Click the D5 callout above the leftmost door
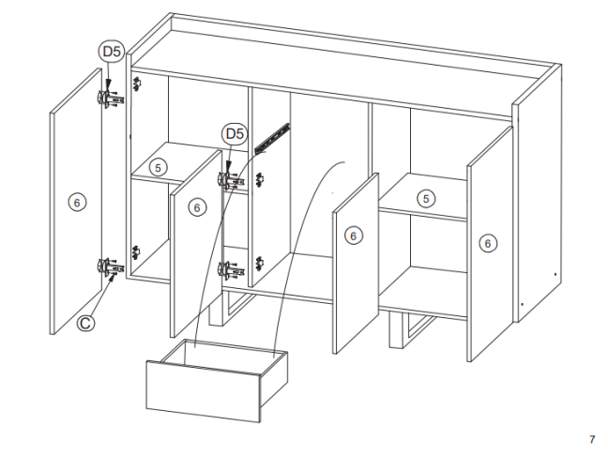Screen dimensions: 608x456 pyautogui.click(x=112, y=52)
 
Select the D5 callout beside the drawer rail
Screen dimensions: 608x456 pyautogui.click(x=235, y=134)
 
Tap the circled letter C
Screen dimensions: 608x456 pyautogui.click(x=85, y=323)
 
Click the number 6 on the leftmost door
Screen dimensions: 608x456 pyautogui.click(x=77, y=203)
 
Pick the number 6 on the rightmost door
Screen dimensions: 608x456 pyautogui.click(x=488, y=244)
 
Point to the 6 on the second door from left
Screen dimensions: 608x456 pyautogui.click(x=197, y=208)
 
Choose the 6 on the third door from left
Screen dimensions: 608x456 pyautogui.click(x=353, y=236)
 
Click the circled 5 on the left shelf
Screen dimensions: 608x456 pyautogui.click(x=158, y=168)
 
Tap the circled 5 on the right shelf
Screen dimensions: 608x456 pyautogui.click(x=426, y=199)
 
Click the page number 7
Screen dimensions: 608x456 pyautogui.click(x=592, y=439)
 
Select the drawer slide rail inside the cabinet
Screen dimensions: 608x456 pyautogui.click(x=272, y=138)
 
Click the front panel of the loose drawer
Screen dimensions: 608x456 pyautogui.click(x=203, y=391)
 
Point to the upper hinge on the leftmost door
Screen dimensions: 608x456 pyautogui.click(x=111, y=98)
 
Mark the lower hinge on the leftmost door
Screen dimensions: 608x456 pyautogui.click(x=111, y=267)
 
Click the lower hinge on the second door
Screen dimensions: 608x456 pyautogui.click(x=231, y=270)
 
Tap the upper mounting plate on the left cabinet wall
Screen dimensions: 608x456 pyautogui.click(x=137, y=84)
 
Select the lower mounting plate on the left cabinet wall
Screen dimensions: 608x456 pyautogui.click(x=136, y=252)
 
